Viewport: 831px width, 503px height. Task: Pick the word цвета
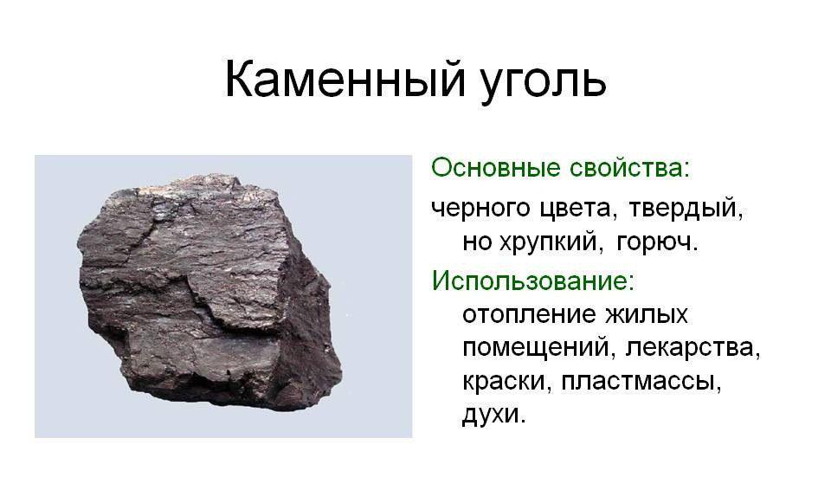[x=579, y=209]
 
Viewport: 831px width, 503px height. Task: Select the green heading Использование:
[x=532, y=281]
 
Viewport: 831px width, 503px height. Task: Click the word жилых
[x=647, y=314]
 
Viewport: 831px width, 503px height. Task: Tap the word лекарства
[x=692, y=349]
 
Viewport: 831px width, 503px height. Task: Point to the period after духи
[x=523, y=422]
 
